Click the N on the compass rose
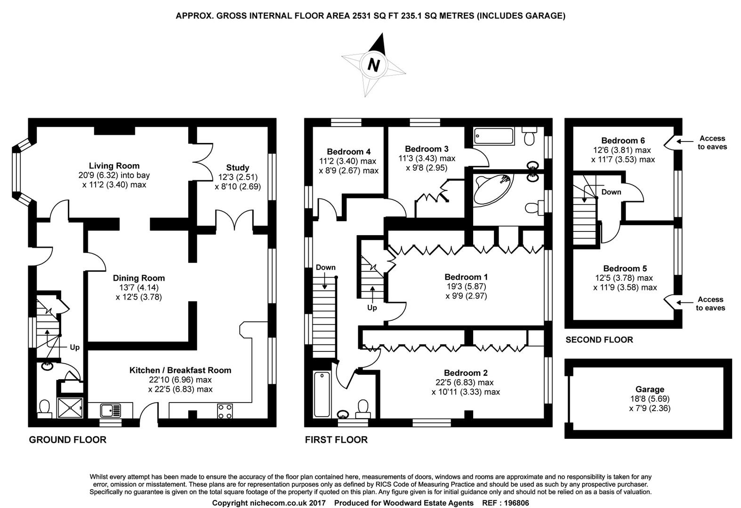pos(373,65)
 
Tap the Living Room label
pos(114,166)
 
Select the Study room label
pos(237,167)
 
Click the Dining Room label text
pos(138,278)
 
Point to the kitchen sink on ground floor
pos(111,411)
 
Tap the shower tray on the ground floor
pos(70,408)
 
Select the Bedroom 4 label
pos(348,151)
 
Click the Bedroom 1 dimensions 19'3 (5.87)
pos(466,286)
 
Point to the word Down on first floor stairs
pos(325,267)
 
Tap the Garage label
pos(650,389)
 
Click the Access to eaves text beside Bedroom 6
pos(712,142)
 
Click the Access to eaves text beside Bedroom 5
pos(710,303)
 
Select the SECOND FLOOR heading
pos(599,340)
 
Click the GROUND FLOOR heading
pos(67,439)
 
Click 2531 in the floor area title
pos(362,16)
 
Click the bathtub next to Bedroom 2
pos(322,394)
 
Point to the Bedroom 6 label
pos(623,140)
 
